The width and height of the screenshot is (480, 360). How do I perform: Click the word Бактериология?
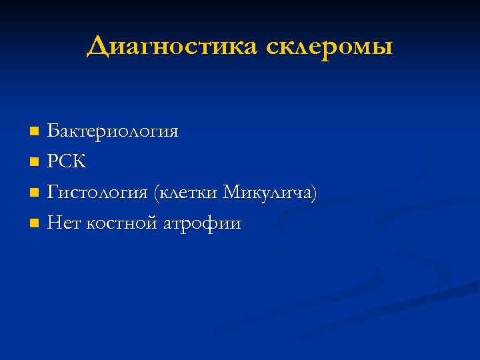pos(113,131)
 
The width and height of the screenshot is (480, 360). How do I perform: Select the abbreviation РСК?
pos(67,162)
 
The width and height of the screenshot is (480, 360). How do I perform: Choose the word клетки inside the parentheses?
pos(189,193)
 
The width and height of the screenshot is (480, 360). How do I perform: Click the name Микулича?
pos(267,193)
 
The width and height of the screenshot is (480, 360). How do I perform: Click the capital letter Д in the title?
pos(98,47)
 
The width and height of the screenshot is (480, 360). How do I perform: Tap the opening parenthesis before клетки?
pos(156,194)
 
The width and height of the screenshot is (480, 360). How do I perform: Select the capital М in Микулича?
pos(233,193)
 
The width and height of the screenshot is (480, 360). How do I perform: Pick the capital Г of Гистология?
pos(53,193)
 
